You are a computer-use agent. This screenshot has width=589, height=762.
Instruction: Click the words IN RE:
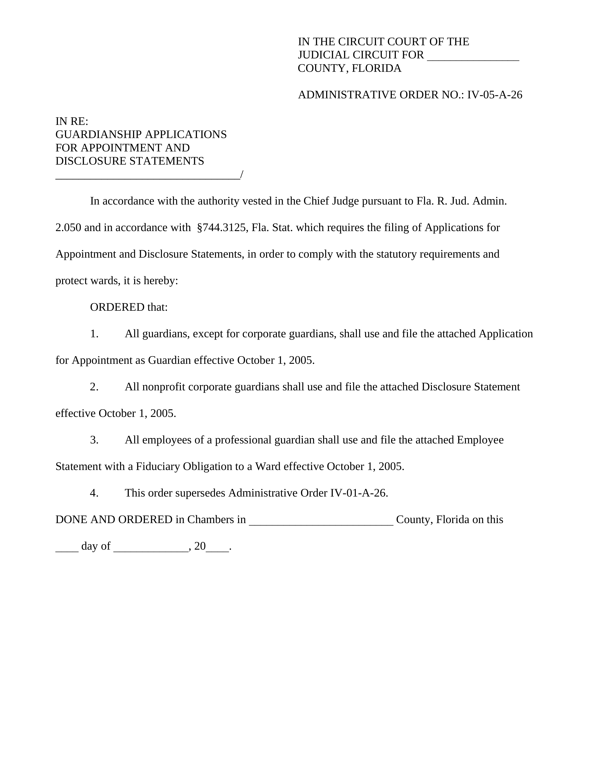[72, 121]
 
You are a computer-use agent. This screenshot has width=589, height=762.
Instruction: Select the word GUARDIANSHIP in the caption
[98, 135]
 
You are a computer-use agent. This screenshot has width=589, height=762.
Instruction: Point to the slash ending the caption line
[242, 175]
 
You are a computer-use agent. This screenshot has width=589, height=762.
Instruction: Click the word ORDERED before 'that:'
[117, 307]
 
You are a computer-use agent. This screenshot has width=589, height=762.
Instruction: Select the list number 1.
[94, 334]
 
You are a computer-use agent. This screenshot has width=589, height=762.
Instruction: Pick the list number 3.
[94, 440]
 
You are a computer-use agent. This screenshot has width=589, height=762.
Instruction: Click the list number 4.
[94, 493]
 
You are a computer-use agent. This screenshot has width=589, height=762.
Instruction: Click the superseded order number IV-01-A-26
[358, 493]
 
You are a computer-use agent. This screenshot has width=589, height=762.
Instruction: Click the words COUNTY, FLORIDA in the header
[349, 68]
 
